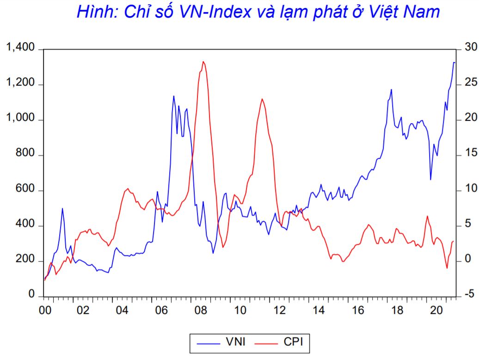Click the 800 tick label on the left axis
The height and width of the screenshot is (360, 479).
point(25,155)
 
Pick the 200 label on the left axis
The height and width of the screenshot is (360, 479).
point(25,261)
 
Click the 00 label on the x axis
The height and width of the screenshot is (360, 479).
point(45,310)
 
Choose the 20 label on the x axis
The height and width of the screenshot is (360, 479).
point(435,310)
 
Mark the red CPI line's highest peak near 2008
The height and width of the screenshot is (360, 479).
point(203,62)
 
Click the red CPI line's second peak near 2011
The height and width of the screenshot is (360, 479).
point(262,99)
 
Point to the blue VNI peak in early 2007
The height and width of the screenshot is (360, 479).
point(173,96)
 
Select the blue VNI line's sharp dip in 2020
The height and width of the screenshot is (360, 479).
point(430,179)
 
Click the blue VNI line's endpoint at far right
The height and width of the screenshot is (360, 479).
point(454,62)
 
